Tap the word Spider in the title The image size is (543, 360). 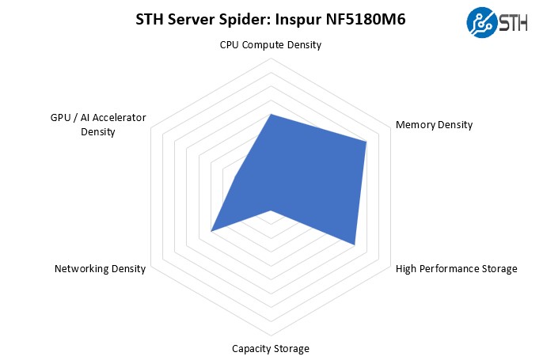(x=248, y=20)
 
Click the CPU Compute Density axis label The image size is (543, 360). (x=271, y=45)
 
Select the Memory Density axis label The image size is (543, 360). (x=434, y=125)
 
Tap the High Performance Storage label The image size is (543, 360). (x=456, y=269)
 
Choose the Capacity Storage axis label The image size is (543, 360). (x=271, y=349)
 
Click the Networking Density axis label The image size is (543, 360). (x=100, y=269)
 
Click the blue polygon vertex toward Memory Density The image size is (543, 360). (x=366, y=142)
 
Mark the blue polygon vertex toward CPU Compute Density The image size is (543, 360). (x=271, y=114)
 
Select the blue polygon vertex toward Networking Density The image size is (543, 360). (x=211, y=231)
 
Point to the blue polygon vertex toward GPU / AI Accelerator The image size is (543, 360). (x=236, y=177)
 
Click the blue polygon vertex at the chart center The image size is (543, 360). (x=271, y=210)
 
